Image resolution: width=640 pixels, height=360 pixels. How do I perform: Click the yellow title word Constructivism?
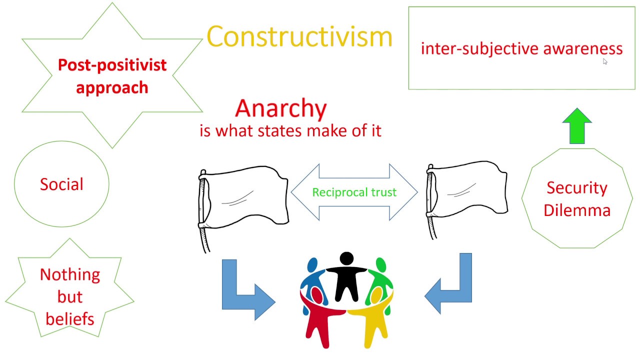pos(299,36)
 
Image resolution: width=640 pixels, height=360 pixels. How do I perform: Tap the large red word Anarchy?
pos(280,108)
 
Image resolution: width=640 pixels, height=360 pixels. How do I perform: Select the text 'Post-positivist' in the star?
pos(112,65)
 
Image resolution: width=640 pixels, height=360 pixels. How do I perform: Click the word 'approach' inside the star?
pos(112,87)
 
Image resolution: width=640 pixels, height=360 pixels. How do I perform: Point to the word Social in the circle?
pos(61,184)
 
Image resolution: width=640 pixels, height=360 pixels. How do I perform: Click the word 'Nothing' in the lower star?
pos(70,274)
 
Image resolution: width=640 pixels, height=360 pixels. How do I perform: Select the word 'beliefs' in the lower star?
pos(70,318)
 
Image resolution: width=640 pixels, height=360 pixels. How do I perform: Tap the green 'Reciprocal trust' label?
pos(354,192)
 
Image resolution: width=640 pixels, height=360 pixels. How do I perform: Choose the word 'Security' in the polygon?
pos(577,187)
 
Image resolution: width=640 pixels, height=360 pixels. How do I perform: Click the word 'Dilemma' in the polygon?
pos(577,210)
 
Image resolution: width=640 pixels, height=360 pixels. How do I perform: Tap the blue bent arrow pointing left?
pos(452,290)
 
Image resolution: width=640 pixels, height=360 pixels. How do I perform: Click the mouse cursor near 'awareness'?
pos(605,61)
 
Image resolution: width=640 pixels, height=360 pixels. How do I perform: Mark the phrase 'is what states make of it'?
pos(290,130)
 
